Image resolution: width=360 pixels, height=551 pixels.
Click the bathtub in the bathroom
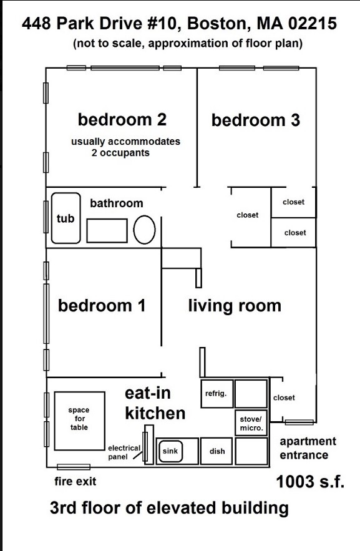coord(66,218)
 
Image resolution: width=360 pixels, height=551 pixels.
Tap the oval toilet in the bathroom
coord(144,230)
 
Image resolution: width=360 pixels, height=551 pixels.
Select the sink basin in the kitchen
coord(171,451)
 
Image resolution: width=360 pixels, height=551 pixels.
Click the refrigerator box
coord(217,394)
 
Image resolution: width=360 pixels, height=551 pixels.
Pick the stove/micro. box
coord(251,423)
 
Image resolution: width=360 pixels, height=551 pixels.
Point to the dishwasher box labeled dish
coord(216,451)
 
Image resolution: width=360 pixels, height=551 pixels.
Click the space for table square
coord(80,421)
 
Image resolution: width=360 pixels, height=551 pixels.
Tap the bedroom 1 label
coord(102,305)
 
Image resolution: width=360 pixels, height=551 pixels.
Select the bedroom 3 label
coord(256,120)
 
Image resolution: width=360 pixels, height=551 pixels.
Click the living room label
coord(235,306)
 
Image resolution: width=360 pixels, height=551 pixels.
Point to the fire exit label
coord(75,481)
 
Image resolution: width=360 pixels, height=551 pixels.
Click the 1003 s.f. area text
coord(310,481)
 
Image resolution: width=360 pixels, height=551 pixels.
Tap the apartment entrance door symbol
coord(299,422)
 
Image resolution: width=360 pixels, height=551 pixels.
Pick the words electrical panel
coord(124,452)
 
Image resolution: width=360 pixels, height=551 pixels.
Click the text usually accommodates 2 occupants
coord(126,147)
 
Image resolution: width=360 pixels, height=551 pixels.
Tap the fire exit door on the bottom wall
coord(74,467)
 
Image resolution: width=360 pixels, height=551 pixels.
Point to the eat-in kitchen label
coord(155,403)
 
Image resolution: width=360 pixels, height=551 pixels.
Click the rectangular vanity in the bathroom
coord(107,231)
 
